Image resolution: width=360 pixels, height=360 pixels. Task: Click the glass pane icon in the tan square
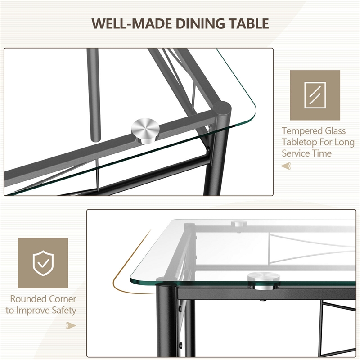315,95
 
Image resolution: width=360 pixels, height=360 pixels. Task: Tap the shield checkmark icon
43,263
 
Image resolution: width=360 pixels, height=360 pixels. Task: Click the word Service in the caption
295,153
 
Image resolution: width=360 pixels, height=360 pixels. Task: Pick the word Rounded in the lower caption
28,299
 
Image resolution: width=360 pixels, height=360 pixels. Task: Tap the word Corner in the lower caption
63,299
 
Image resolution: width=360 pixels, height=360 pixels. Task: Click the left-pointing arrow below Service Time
286,166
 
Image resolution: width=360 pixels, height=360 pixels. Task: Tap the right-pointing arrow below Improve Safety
71,325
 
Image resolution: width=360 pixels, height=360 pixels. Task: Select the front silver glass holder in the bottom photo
264,280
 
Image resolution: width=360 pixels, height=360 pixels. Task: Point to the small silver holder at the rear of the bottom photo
239,223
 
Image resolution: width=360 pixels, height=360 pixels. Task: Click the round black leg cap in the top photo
222,108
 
